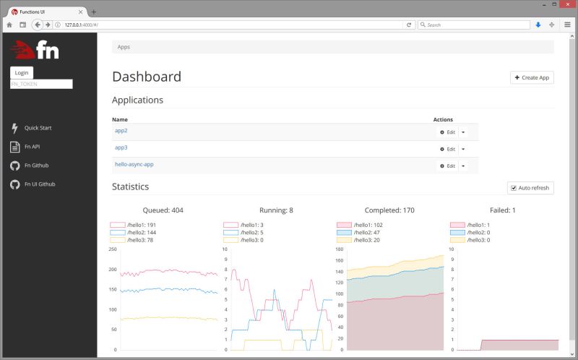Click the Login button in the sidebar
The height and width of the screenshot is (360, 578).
22,72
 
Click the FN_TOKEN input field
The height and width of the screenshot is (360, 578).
41,84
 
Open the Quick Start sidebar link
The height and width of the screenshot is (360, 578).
38,128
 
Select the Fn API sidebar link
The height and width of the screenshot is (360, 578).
32,147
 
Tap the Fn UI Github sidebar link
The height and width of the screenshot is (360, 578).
39,184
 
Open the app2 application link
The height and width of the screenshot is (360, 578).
121,130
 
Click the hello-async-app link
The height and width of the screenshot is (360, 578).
134,164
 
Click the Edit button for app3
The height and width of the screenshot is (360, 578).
448,149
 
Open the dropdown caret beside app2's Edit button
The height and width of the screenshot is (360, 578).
463,132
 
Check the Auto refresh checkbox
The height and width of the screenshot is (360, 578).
513,188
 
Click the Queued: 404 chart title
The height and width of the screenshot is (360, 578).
163,210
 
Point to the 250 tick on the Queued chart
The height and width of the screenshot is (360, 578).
113,249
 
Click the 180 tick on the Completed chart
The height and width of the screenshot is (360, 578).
340,249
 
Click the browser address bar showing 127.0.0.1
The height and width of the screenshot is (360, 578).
231,25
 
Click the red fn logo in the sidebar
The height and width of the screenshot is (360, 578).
35,49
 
